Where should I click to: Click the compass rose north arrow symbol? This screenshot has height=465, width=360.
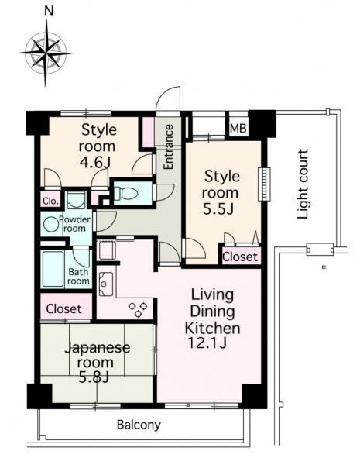(46, 53)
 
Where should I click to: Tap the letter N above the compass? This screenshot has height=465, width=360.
(49, 12)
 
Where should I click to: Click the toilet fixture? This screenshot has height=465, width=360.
(126, 193)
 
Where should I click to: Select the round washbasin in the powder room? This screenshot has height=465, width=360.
(50, 224)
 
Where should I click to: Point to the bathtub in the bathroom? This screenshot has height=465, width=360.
(53, 269)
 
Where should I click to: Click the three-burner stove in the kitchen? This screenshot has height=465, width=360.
(138, 309)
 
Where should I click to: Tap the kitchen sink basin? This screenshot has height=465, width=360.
(106, 284)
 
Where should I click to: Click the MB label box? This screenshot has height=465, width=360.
(238, 129)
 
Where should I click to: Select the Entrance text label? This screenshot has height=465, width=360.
(168, 146)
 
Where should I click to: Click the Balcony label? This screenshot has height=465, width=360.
(139, 425)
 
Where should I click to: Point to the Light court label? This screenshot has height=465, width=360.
(303, 184)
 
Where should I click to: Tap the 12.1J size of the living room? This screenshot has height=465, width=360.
(207, 343)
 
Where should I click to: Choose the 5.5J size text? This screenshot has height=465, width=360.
(218, 208)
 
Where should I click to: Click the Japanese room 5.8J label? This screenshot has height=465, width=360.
(98, 363)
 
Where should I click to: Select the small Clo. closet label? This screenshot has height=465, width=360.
(50, 201)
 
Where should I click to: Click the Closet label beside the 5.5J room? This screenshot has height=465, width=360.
(240, 257)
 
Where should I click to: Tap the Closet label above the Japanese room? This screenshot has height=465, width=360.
(63, 309)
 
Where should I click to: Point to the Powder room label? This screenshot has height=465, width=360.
(74, 224)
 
